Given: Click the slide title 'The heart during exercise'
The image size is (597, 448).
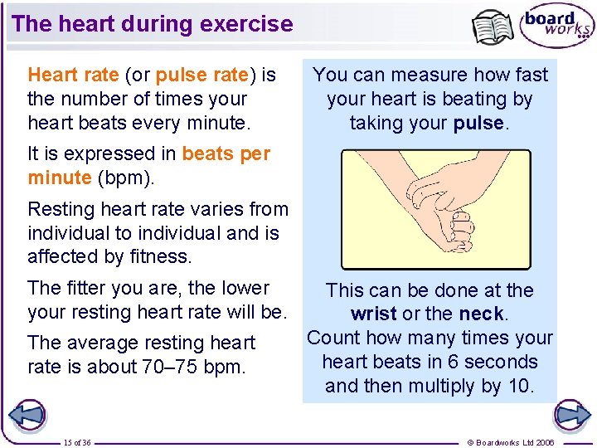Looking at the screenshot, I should [x=153, y=23].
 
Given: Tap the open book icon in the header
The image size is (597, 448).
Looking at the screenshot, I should [x=493, y=27].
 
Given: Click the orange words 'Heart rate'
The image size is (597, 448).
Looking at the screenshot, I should [x=73, y=75].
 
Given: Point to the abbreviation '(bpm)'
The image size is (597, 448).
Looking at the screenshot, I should [x=124, y=178].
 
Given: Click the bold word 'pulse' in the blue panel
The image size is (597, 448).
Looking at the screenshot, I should [x=479, y=123].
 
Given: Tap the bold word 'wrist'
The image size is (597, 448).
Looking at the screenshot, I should [x=374, y=314].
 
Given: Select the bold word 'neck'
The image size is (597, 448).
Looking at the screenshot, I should [x=483, y=314].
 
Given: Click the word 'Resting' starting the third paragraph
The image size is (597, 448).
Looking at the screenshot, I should [x=61, y=209].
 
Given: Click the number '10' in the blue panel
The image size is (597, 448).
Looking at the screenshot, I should [x=521, y=386].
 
